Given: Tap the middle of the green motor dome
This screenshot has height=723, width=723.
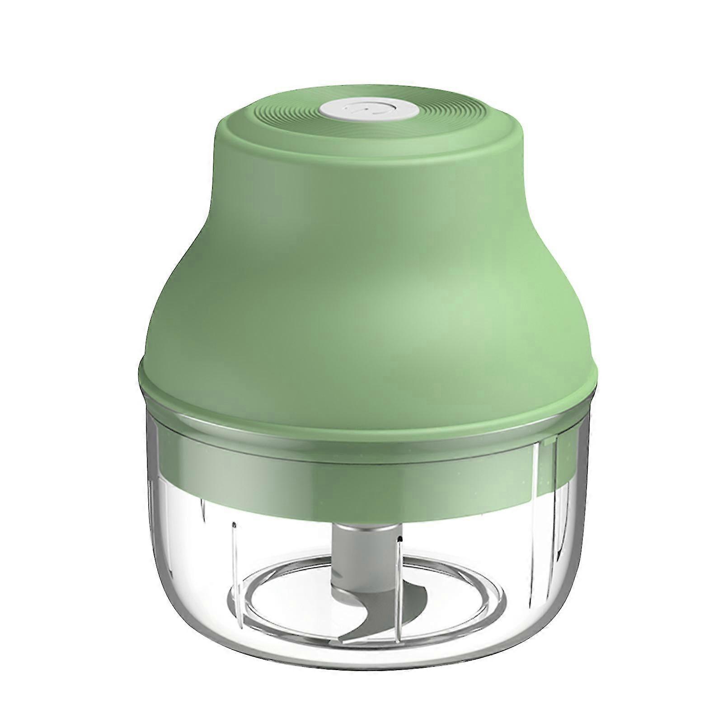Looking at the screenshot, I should pos(361,271).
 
